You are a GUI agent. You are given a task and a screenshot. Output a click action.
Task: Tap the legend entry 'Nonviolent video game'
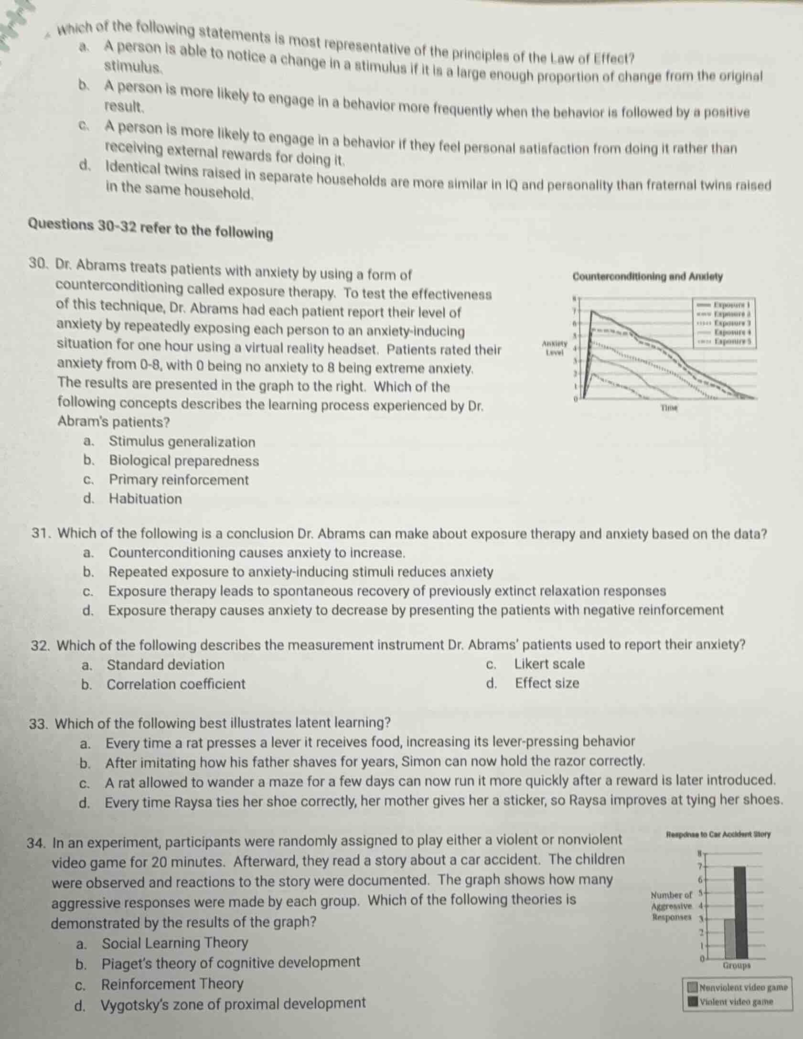[743, 987]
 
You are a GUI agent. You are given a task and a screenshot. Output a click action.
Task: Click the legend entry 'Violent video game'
[736, 1001]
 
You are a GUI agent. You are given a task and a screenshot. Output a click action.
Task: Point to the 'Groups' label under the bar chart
[737, 965]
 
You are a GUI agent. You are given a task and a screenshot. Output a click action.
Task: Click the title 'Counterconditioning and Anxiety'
[647, 277]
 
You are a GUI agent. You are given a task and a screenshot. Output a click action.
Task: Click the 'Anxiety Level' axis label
[554, 348]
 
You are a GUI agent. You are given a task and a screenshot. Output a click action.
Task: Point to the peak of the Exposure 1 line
[592, 311]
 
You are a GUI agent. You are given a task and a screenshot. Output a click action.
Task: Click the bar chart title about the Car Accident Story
[717, 834]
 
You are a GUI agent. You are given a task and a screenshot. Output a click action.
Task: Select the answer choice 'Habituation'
[145, 499]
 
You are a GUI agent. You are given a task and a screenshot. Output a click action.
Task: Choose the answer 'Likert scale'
[549, 664]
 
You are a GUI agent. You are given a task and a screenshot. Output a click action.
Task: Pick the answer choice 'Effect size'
[547, 683]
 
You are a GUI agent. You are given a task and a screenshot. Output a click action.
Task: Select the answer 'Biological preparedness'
[184, 461]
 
